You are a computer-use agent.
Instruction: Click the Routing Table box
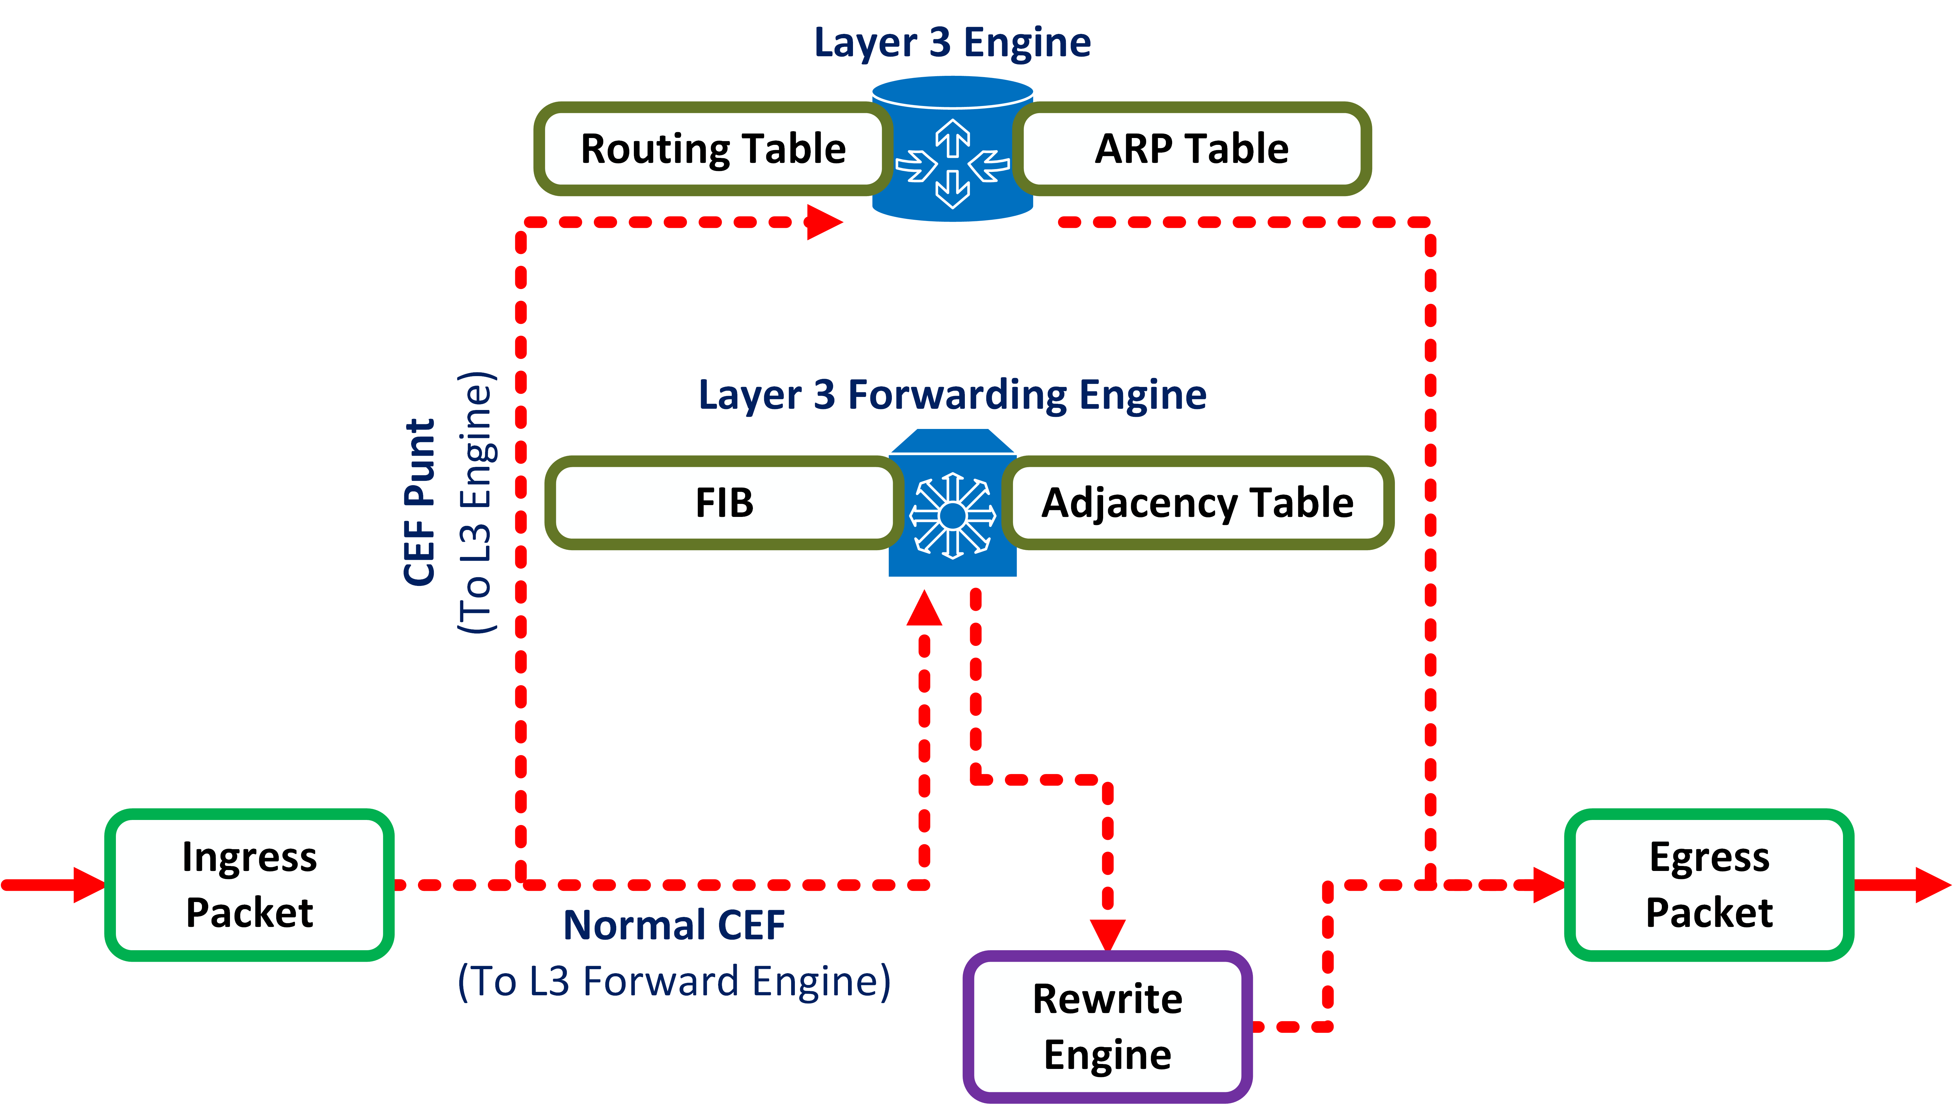(x=712, y=149)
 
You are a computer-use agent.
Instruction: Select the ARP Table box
(x=1191, y=149)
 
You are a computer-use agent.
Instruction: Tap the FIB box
(x=723, y=502)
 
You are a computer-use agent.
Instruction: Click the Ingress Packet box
(x=249, y=885)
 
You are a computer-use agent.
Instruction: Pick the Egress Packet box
(x=1709, y=885)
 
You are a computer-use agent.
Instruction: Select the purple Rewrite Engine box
(x=1107, y=1026)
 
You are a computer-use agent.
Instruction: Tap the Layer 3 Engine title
(x=952, y=43)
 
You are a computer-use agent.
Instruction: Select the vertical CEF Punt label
(x=419, y=502)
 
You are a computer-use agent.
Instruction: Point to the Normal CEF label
(x=674, y=925)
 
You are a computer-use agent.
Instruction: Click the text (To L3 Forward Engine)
(x=674, y=981)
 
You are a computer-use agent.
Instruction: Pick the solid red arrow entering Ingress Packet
(x=53, y=885)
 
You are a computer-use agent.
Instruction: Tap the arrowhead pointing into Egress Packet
(x=1548, y=885)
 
